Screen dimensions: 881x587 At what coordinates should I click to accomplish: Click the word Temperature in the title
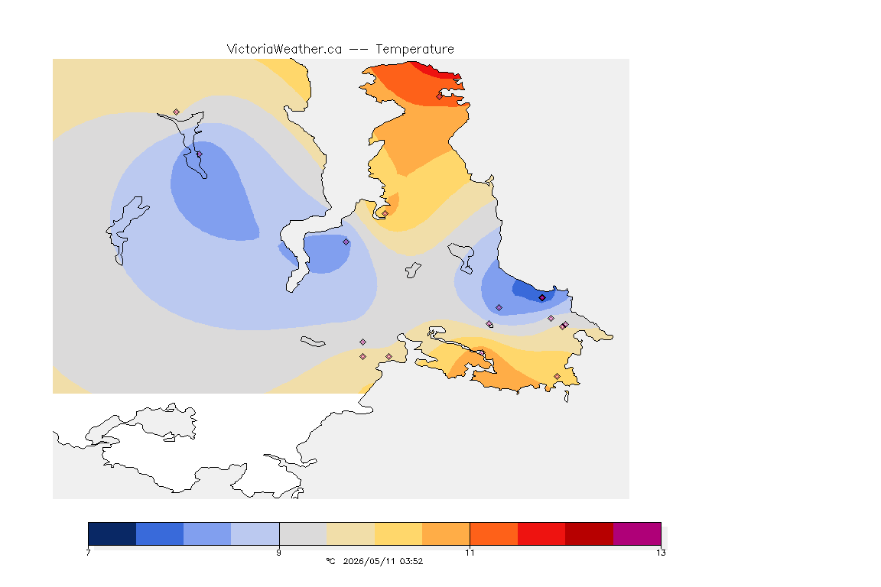(414, 50)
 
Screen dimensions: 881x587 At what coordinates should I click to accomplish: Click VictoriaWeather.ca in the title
(284, 50)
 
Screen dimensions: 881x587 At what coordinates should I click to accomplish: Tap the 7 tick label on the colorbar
(88, 553)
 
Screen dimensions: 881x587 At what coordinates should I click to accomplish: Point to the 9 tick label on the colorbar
(278, 553)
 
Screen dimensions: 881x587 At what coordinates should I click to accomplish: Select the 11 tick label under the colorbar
(470, 553)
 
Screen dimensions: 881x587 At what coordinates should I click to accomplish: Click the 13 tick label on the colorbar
(661, 553)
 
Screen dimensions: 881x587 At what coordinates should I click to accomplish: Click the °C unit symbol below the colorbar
(330, 561)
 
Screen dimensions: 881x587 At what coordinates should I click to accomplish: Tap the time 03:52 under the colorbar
(411, 561)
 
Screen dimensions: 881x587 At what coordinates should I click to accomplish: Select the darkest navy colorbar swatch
(112, 533)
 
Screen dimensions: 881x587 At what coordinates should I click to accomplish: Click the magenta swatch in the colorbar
(637, 533)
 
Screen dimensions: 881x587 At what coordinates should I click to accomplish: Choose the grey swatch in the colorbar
(303, 533)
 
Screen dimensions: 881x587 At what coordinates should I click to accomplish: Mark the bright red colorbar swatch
(541, 533)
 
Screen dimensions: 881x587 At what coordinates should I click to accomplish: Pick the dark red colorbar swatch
(590, 533)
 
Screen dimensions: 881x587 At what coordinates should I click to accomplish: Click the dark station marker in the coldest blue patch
(542, 298)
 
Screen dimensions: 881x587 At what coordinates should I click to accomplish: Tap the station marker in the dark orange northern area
(440, 96)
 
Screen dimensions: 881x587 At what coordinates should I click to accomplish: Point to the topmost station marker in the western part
(177, 112)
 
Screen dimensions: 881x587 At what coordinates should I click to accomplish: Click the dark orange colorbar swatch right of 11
(494, 533)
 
